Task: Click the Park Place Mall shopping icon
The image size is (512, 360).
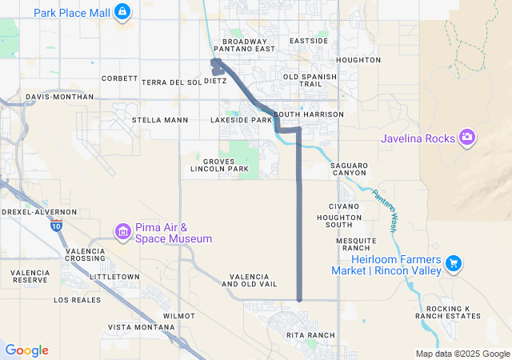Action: click(x=122, y=12)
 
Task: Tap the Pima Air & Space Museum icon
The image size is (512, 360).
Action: click(x=122, y=233)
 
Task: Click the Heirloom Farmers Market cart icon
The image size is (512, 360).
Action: click(x=453, y=262)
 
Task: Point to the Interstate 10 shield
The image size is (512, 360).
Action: click(x=54, y=226)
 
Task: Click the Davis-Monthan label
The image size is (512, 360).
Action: click(x=59, y=97)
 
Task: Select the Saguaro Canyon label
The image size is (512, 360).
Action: click(x=349, y=170)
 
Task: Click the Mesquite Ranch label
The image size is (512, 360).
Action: click(x=356, y=244)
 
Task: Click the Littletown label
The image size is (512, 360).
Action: click(x=114, y=276)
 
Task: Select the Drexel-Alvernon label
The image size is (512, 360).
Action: click(x=39, y=212)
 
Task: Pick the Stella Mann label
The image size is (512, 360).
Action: click(x=160, y=120)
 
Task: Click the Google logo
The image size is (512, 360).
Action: click(x=26, y=350)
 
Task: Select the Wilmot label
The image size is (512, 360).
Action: click(x=178, y=316)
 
